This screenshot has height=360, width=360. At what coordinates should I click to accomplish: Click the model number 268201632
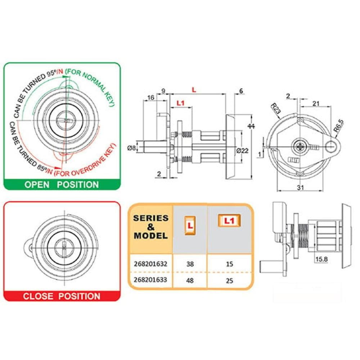(150, 264)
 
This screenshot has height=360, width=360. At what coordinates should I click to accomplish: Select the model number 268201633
(150, 280)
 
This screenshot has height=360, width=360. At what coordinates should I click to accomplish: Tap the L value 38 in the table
(190, 264)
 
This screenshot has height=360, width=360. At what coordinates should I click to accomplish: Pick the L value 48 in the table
(190, 280)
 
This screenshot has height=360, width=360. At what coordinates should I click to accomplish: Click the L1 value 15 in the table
(229, 264)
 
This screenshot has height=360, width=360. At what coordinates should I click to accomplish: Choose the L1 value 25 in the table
(229, 280)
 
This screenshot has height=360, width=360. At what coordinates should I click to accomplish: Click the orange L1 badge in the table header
(229, 221)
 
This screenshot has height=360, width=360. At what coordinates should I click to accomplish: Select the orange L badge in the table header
(190, 225)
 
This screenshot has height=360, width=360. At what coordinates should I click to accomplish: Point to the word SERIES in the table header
(151, 218)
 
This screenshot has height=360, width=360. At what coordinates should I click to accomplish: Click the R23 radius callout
(275, 109)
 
